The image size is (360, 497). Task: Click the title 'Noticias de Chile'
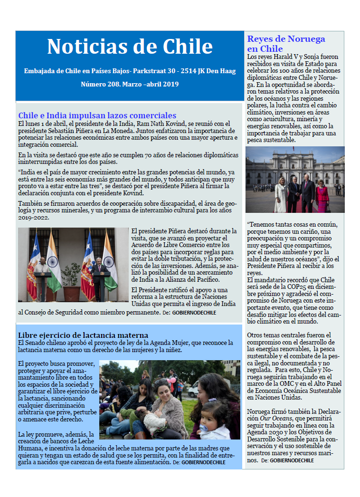point(130,47)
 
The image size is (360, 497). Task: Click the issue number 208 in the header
point(113,84)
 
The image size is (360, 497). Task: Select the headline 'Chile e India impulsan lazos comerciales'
point(97,115)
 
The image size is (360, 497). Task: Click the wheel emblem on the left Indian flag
point(53,262)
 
